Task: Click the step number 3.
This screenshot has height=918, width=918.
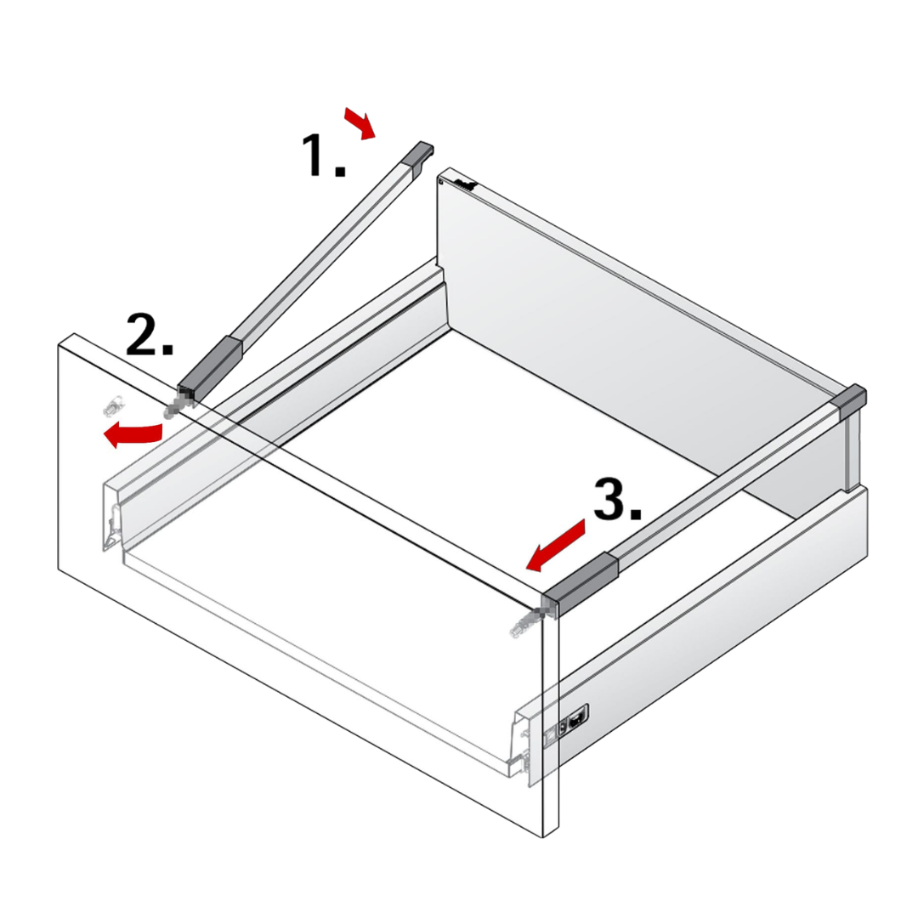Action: (x=617, y=499)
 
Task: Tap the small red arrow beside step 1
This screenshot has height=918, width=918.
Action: (x=360, y=123)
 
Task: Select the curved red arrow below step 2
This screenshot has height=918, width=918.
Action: (x=133, y=433)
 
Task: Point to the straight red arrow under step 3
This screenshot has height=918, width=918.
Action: (x=555, y=545)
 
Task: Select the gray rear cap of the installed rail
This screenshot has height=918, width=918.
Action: (x=851, y=400)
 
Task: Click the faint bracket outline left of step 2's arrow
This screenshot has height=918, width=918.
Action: (x=112, y=405)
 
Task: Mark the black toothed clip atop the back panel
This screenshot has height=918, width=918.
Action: (x=466, y=185)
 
